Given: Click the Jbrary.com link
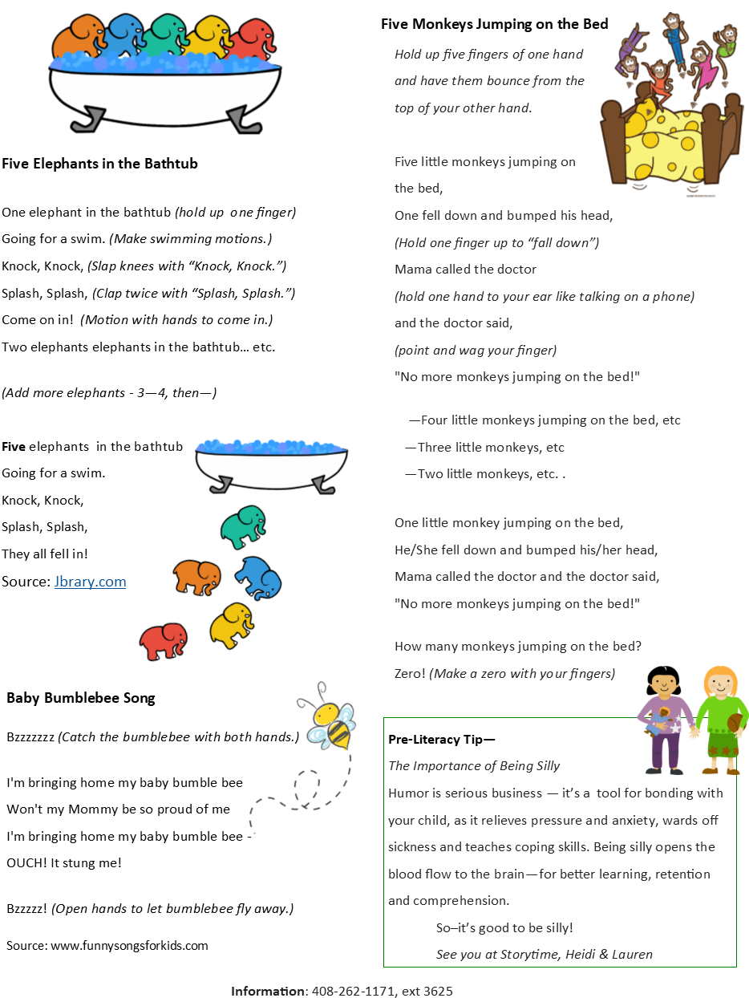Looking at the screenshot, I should [x=90, y=582].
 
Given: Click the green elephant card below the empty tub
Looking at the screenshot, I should [x=244, y=527].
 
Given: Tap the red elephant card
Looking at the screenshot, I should [x=163, y=642].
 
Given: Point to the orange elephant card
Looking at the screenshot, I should [x=196, y=577].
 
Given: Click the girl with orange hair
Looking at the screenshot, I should [x=722, y=718].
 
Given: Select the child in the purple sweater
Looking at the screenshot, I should [x=666, y=718].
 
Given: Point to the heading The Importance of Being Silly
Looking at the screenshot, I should [x=474, y=765].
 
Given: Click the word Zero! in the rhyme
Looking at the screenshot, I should [x=410, y=673].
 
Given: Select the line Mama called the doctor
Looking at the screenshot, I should [x=465, y=269].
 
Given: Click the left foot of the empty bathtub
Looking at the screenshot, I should [x=221, y=485].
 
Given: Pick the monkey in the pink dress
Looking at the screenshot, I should [x=702, y=68].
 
